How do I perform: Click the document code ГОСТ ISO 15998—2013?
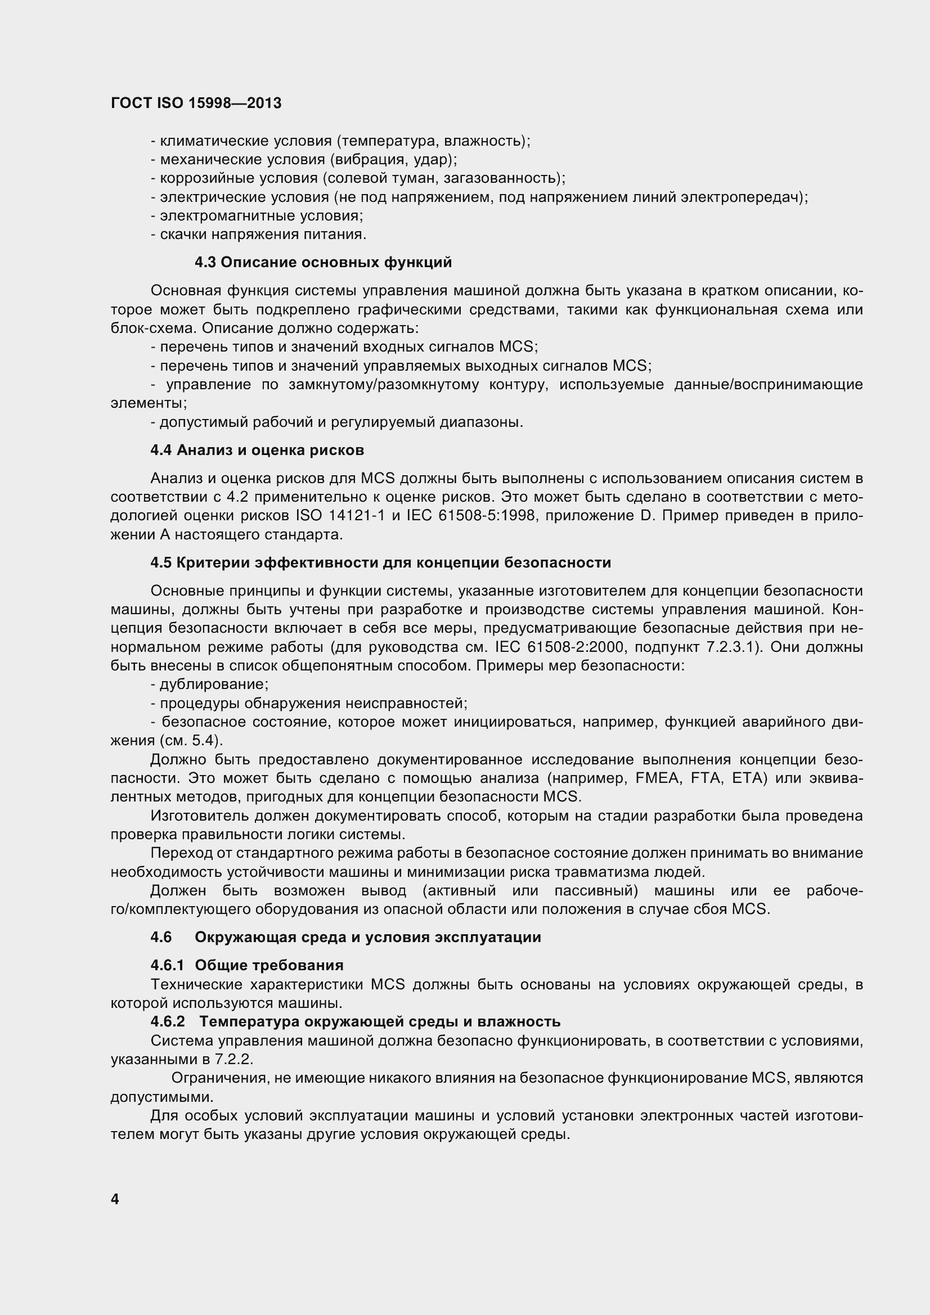(196, 103)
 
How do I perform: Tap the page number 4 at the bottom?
(115, 1199)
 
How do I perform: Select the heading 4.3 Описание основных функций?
(323, 262)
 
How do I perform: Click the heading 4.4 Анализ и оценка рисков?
(257, 450)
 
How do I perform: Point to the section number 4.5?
(161, 562)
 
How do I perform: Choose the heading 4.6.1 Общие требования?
(247, 965)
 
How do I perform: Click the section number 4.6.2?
(168, 1021)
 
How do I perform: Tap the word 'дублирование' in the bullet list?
(214, 684)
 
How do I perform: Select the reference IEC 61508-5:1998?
(471, 515)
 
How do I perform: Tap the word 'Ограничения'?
(219, 1078)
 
